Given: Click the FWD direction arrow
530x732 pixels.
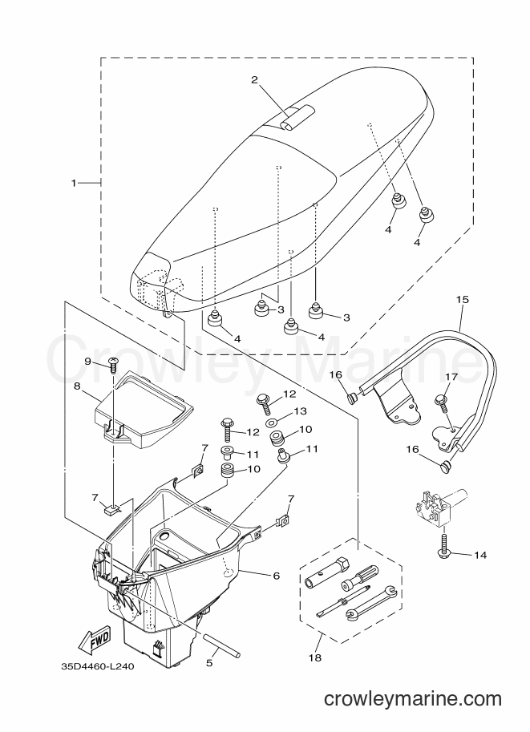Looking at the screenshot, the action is pos(94,637).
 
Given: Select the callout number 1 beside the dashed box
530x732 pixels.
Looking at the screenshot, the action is pos(73,183).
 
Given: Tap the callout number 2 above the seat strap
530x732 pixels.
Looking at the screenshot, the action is pos(254,80).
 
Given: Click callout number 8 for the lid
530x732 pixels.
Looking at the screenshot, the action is pos(77,386).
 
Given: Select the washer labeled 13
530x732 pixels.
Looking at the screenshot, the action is pos(270,423).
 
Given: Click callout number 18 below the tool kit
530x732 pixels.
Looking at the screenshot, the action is pos(316,657).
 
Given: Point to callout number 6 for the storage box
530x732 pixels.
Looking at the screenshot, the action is pos(276,576).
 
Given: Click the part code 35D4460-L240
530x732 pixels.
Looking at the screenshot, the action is pos(97,666).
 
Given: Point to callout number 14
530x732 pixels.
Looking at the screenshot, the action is pos(480,555).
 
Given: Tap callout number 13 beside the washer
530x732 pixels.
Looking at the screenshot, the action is pos(300,410).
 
